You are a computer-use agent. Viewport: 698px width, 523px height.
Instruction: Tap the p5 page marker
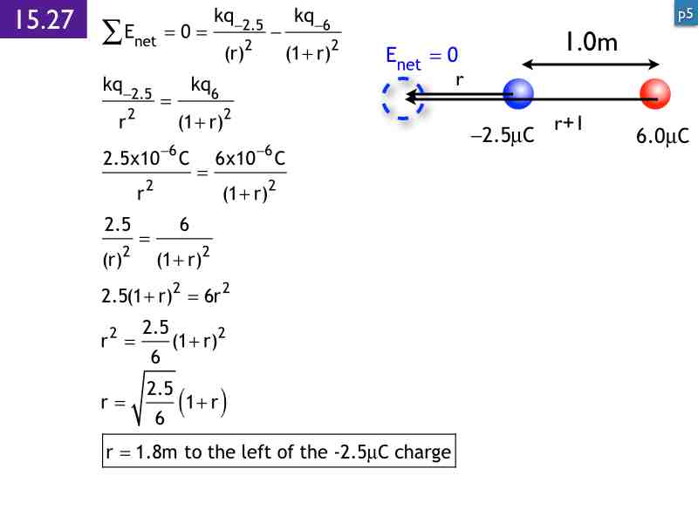685,13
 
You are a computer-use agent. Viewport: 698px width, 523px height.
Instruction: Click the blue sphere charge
518,93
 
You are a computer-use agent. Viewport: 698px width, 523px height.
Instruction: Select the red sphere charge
654,93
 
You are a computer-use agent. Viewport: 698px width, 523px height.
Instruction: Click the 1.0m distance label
591,42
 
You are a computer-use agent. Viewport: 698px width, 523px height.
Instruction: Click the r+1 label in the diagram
568,124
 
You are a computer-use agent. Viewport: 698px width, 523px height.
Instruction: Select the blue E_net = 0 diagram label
421,57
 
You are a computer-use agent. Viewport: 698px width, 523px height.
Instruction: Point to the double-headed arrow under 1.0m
592,63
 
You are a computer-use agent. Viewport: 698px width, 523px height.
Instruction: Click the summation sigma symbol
112,33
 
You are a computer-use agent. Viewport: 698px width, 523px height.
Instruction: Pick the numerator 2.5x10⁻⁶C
146,160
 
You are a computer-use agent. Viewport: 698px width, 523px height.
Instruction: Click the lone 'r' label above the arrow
459,79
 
